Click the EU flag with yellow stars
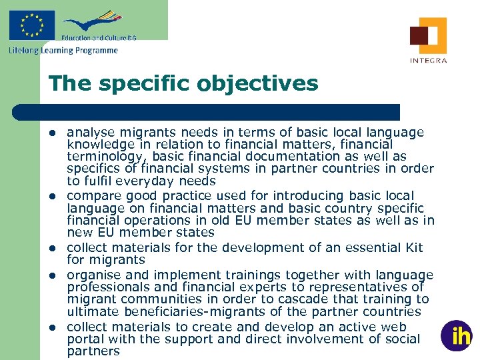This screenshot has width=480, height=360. (x=31, y=25)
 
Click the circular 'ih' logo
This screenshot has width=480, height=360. (x=456, y=335)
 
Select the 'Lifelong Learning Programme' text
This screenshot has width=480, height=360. (x=63, y=50)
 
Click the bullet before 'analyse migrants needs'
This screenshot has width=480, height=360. (x=52, y=133)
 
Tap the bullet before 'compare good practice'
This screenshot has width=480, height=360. (x=52, y=196)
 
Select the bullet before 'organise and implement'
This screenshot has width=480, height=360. (x=52, y=275)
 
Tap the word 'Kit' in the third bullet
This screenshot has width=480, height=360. (x=413, y=248)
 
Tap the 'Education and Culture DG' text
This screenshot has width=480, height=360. (x=99, y=38)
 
